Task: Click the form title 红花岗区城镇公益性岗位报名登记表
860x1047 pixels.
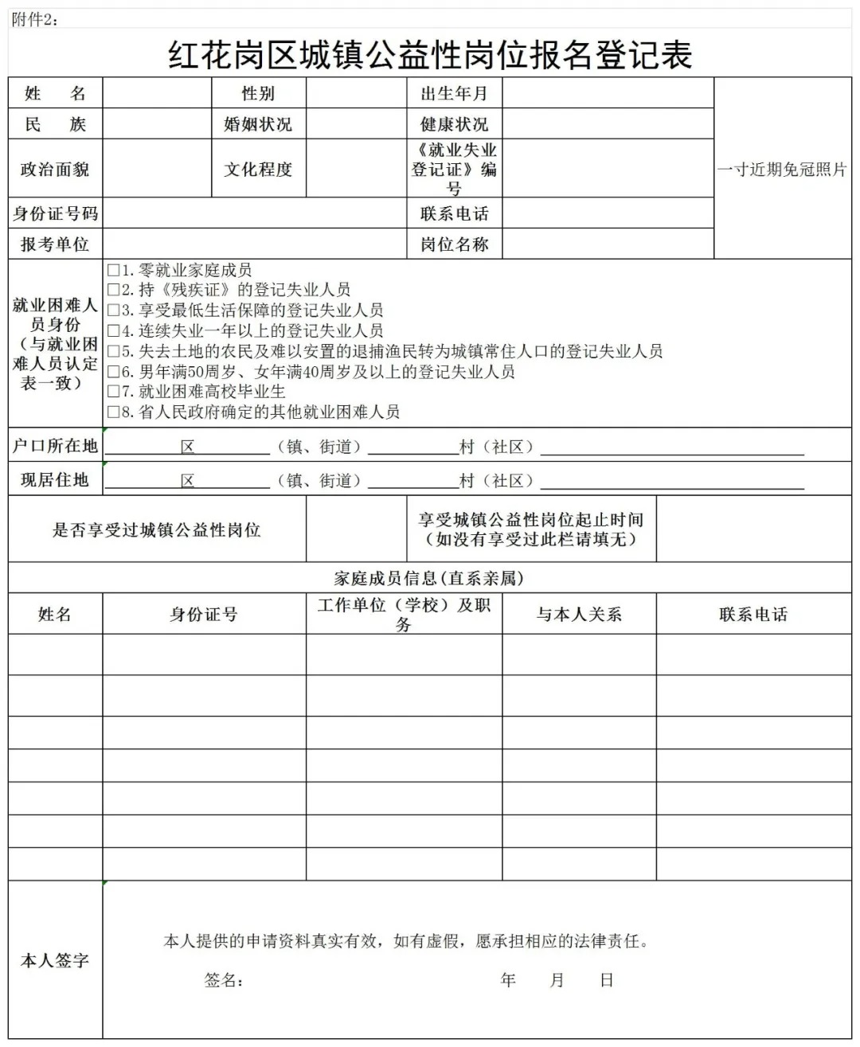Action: (430, 55)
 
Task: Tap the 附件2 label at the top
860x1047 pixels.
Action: (34, 20)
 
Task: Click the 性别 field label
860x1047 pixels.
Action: (258, 93)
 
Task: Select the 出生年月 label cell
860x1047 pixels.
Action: (454, 93)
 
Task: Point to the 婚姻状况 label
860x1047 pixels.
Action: (258, 124)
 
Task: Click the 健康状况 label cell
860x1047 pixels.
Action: (454, 124)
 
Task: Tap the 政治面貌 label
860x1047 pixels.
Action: (55, 169)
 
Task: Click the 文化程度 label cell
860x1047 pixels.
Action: (258, 169)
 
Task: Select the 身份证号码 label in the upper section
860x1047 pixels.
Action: (55, 213)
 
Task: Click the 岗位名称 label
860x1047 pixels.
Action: (454, 244)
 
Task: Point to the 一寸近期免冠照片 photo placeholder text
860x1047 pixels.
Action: (782, 169)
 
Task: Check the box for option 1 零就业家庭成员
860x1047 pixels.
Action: (113, 271)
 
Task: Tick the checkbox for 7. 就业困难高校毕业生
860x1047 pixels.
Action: (113, 392)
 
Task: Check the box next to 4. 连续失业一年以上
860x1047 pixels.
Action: (113, 331)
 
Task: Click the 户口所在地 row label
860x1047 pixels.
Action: (55, 446)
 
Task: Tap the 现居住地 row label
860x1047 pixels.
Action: (55, 479)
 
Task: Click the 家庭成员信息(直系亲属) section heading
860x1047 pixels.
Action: (429, 578)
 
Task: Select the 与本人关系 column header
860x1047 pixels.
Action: (579, 614)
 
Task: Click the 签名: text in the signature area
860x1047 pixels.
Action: (224, 980)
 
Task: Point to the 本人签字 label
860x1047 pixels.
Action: (55, 961)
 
